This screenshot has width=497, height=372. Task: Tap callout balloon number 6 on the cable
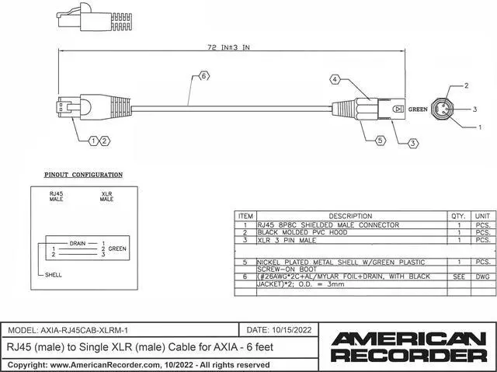coord(203,76)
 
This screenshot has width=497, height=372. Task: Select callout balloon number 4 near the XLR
coord(335,79)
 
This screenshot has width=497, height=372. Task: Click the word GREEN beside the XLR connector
coord(419,110)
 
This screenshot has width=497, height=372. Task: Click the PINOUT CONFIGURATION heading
coord(83,176)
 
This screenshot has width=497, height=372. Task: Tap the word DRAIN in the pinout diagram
coord(78,242)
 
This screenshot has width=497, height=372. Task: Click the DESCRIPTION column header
coord(350,216)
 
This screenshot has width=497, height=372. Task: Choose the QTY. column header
coord(458,216)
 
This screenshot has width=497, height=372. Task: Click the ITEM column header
coord(245,216)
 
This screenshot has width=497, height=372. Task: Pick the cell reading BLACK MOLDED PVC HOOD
coord(307,232)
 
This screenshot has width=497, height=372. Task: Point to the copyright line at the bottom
coord(137,364)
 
